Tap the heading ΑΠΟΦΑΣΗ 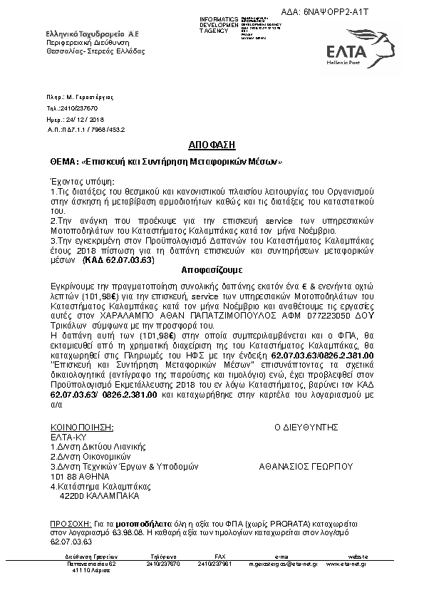pyautogui.click(x=212, y=145)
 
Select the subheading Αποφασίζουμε pyautogui.click(x=212, y=271)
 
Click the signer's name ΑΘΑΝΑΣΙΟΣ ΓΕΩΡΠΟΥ pyautogui.click(x=306, y=467)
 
